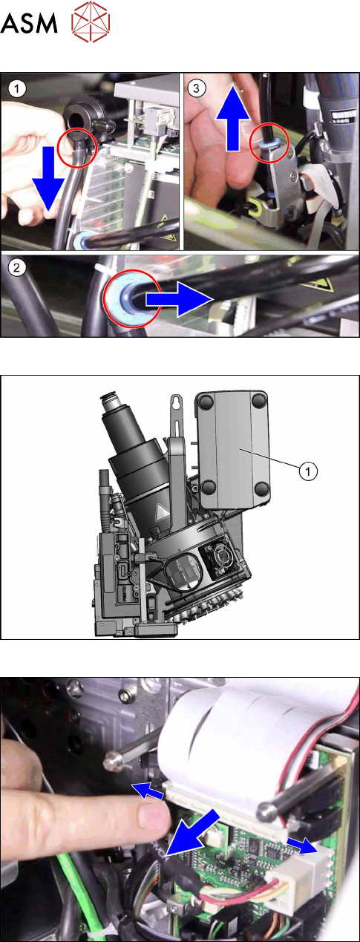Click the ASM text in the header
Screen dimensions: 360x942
point(29,23)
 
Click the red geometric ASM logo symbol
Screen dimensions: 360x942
point(91,22)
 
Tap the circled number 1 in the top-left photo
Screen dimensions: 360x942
point(17,89)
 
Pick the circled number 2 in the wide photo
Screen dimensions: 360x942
point(17,267)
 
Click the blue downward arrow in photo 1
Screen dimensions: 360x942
point(48,178)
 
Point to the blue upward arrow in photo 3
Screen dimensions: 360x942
point(232,119)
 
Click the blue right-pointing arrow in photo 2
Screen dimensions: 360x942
point(179,299)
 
